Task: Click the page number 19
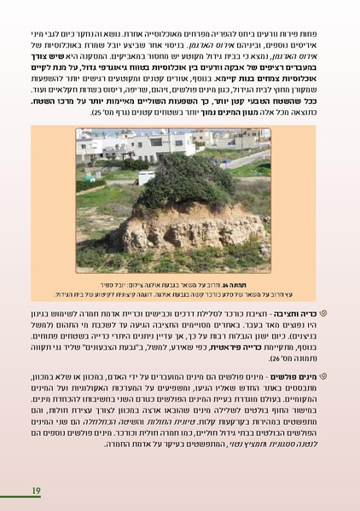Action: coord(36,490)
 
